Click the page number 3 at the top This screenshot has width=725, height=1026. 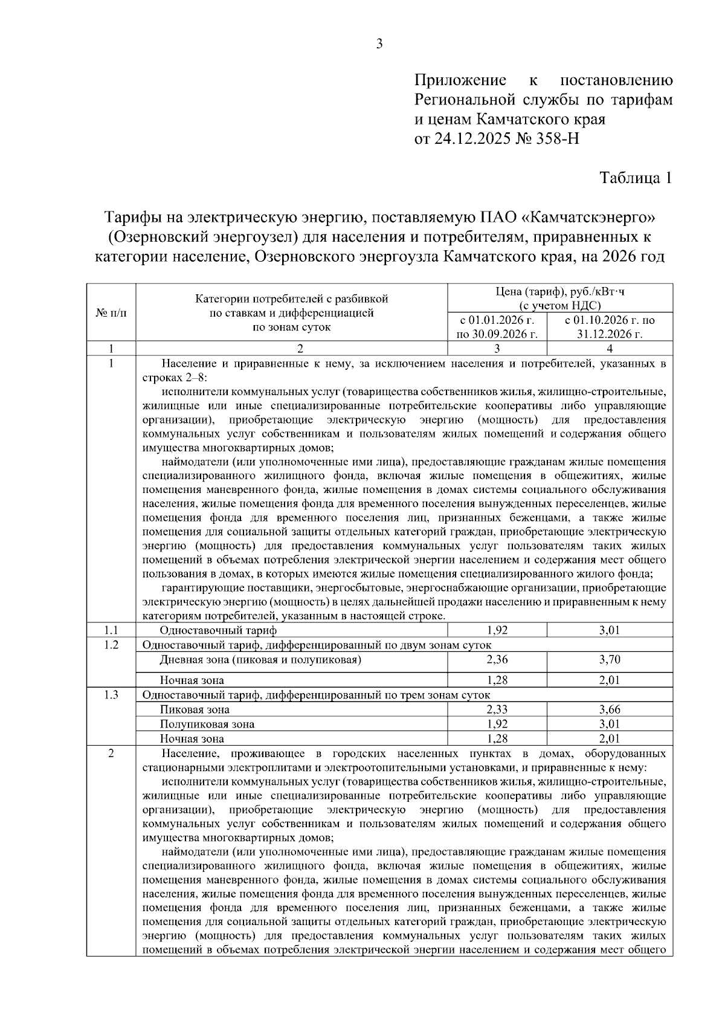(x=379, y=44)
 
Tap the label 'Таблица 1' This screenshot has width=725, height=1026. (x=635, y=178)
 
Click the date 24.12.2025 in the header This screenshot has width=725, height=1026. (x=471, y=139)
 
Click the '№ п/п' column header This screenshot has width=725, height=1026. (x=111, y=313)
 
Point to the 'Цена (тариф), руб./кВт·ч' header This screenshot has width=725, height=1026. (x=559, y=292)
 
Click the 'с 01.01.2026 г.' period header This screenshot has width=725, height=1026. (x=497, y=320)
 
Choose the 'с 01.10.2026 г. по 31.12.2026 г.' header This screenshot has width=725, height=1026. (x=609, y=327)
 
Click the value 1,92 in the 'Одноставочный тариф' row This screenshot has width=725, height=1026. (x=497, y=630)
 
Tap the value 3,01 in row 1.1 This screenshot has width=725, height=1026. (x=609, y=630)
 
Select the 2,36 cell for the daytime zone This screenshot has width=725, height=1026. (x=497, y=659)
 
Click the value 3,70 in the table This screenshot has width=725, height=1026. (x=609, y=659)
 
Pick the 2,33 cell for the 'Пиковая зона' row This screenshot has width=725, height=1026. (x=497, y=709)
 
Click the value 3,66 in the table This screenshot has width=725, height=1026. (x=609, y=709)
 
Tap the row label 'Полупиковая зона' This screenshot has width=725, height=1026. (x=207, y=724)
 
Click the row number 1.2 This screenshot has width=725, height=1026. (x=111, y=645)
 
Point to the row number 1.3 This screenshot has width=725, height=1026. (x=111, y=695)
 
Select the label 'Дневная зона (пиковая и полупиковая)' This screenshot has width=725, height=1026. (x=260, y=659)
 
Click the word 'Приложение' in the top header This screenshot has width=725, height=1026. (x=460, y=80)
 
